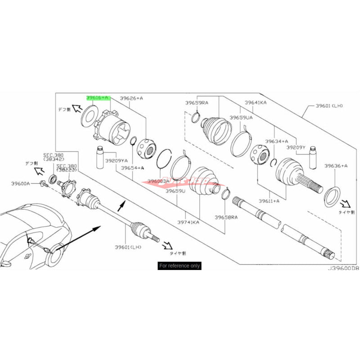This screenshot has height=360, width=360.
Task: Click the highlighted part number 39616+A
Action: (98, 97)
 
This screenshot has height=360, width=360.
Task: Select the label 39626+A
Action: (131, 98)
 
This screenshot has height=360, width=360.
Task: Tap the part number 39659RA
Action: (196, 103)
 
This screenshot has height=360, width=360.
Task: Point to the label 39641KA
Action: (255, 103)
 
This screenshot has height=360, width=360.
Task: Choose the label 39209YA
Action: (117, 160)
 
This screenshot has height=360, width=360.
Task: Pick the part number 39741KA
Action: (189, 221)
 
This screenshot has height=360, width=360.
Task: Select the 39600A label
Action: (21, 183)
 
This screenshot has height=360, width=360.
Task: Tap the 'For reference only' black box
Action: (180, 265)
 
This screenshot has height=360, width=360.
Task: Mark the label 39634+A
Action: (276, 141)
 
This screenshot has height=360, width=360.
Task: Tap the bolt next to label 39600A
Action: (43, 183)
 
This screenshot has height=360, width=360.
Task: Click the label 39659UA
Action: (241, 117)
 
